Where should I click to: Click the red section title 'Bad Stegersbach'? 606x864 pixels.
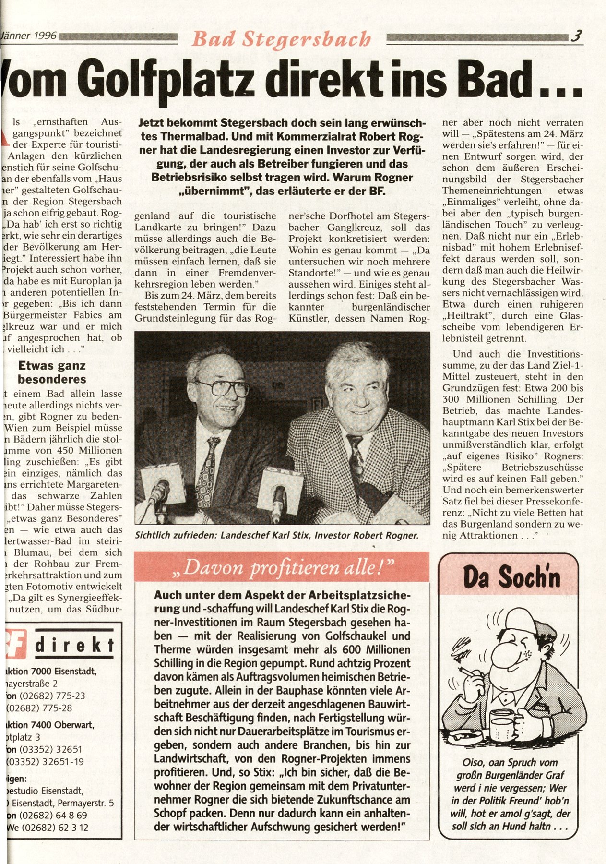pos(282,38)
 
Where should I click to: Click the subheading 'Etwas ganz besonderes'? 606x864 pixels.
pos(52,372)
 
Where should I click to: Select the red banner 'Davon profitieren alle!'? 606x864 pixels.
pos(282,568)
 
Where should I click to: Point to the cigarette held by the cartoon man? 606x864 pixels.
pos(468,671)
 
